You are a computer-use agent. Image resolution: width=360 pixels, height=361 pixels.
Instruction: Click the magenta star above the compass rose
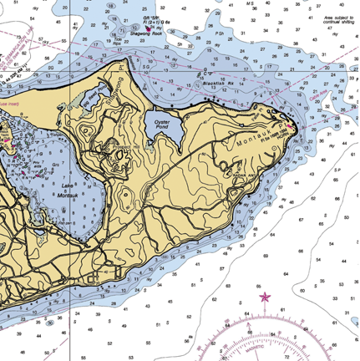pos(266,297)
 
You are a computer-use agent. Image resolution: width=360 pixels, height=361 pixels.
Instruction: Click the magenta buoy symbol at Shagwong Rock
pos(150,28)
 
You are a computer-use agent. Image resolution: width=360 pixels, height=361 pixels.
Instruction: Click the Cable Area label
pos(321,99)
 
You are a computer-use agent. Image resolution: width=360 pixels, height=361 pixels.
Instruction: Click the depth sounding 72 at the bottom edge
pos(288,355)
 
